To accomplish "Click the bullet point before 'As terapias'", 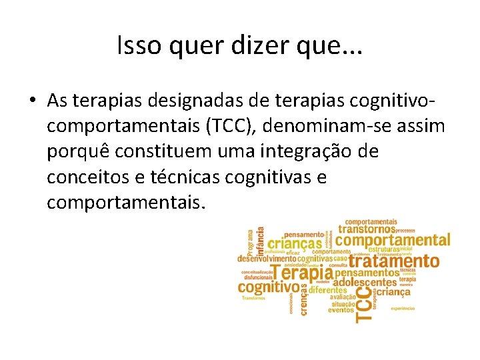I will point(32,101).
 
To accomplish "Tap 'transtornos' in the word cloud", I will point(367,229).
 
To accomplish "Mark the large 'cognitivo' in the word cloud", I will point(269,288).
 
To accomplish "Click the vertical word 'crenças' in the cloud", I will point(305,299).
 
